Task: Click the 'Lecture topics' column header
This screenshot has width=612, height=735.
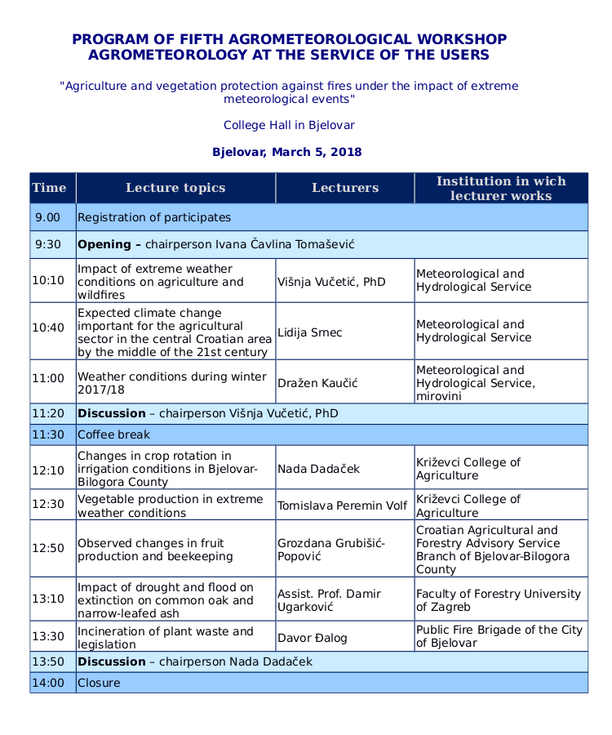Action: (175, 188)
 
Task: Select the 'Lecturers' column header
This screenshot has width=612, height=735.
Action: (345, 188)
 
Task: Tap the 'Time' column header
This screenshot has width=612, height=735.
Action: (49, 188)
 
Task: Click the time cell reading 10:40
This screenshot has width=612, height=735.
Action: (48, 327)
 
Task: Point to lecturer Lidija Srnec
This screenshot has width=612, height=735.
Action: (309, 332)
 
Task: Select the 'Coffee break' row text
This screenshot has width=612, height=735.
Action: (114, 434)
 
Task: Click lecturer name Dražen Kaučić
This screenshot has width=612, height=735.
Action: (317, 383)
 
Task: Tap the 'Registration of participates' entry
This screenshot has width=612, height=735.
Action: (154, 217)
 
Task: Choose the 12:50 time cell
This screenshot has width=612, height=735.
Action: (48, 548)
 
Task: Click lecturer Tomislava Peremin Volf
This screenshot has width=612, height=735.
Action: (342, 506)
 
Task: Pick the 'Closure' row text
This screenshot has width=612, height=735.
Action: (99, 683)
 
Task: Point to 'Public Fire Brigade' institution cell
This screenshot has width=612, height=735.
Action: (499, 636)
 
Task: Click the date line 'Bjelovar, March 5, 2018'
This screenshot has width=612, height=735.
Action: (287, 152)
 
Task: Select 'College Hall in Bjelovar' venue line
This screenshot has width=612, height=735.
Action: (289, 125)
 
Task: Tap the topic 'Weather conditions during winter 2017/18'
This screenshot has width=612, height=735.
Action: (172, 383)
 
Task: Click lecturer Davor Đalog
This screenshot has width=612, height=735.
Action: (313, 636)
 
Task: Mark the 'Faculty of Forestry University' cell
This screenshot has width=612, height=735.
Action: (499, 600)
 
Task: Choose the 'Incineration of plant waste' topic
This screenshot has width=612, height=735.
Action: (166, 638)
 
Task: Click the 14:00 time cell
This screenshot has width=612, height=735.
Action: (48, 683)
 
